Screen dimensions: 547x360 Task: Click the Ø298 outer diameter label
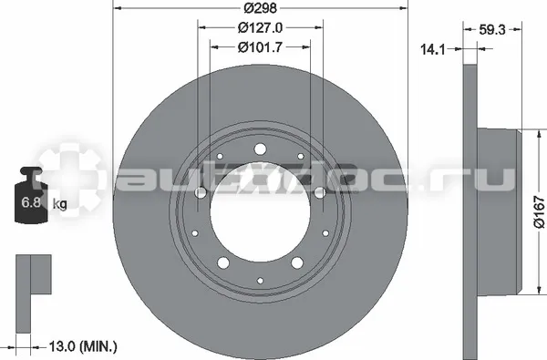pos(260,7)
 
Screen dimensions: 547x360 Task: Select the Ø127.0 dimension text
pos(260,27)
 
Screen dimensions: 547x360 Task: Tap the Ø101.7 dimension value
pos(260,47)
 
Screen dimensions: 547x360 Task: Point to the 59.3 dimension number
pos(492,30)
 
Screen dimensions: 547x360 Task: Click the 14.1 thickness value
pos(433,49)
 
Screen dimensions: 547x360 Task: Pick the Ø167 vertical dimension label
pos(539,212)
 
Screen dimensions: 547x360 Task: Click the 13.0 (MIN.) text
pos(83,346)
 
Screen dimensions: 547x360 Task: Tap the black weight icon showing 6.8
pos(31,194)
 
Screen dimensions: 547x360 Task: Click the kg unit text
pos(59,203)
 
